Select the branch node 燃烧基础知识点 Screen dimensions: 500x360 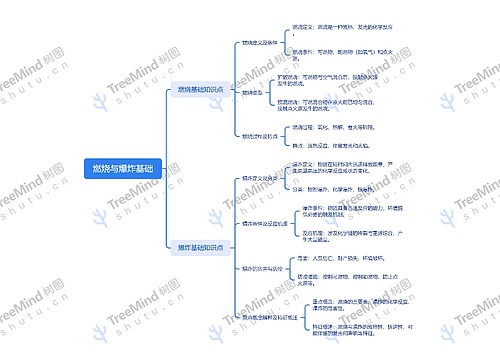pos(200,90)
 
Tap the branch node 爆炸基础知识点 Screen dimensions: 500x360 pos(200,246)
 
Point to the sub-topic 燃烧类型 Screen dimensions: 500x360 pos(251,91)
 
